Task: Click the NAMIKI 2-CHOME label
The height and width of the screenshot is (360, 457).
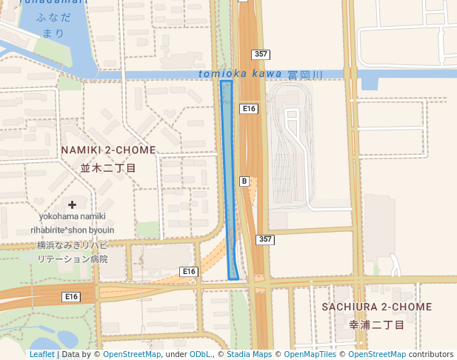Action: [108, 150]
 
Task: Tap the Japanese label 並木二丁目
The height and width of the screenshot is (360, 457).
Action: [108, 168]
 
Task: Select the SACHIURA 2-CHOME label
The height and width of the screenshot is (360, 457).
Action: [377, 307]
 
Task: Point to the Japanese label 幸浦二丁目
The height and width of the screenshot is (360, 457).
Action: [377, 325]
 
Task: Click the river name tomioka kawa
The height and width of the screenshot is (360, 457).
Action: [240, 74]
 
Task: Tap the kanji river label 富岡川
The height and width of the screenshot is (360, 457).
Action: [306, 75]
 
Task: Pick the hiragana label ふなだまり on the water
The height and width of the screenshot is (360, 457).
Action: [53, 26]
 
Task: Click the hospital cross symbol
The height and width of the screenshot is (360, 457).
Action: [72, 204]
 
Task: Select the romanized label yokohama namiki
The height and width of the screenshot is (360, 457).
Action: [73, 216]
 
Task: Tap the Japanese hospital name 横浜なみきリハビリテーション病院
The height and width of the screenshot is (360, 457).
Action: [73, 252]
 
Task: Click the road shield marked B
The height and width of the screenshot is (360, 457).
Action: [244, 181]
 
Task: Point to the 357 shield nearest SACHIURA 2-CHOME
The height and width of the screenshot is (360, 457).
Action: [265, 239]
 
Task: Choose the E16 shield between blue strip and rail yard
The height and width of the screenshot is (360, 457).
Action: [249, 109]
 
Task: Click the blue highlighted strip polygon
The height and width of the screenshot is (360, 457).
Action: [230, 178]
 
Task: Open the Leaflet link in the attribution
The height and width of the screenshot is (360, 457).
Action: [41, 355]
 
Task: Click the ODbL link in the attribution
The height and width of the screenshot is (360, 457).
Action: [200, 355]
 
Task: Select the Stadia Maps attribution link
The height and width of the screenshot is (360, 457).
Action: [249, 355]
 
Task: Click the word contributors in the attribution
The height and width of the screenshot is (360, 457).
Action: [431, 355]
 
